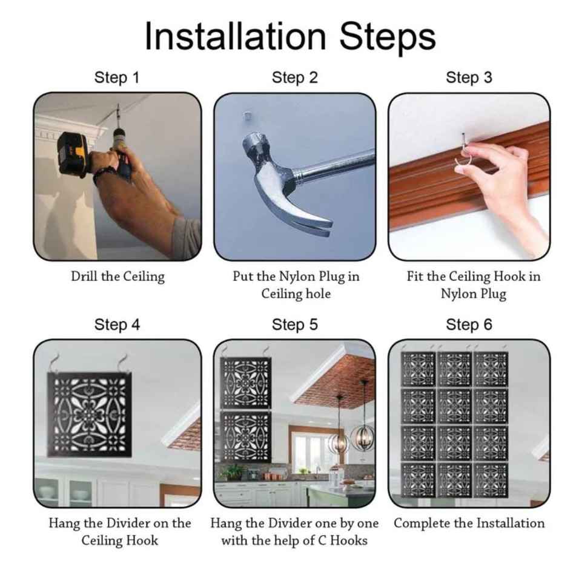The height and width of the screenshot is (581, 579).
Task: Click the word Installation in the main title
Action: (x=236, y=36)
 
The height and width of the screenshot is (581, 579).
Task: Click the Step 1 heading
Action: (x=117, y=78)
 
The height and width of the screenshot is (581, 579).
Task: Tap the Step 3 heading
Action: (x=469, y=78)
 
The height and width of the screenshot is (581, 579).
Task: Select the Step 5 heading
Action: (x=295, y=324)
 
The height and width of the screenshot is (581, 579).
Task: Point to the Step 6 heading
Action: (x=469, y=324)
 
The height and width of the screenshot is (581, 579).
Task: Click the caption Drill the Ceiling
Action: (x=118, y=277)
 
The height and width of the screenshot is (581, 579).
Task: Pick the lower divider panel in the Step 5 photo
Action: (x=246, y=436)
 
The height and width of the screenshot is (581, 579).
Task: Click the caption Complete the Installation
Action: (x=469, y=523)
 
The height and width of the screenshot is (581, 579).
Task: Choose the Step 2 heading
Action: (x=295, y=78)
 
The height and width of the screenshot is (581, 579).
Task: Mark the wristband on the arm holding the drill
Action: (x=103, y=174)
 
